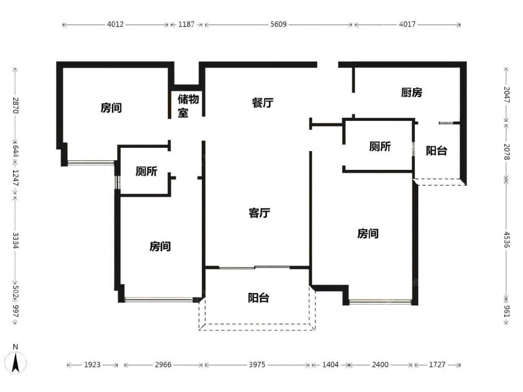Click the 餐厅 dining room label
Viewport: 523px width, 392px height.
263,102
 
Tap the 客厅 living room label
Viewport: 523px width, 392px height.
259,213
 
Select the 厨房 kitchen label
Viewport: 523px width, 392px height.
411,93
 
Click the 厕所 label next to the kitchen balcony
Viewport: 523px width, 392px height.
380,146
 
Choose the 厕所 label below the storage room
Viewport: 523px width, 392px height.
146,171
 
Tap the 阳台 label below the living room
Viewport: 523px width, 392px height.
258,298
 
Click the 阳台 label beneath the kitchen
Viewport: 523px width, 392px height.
436,151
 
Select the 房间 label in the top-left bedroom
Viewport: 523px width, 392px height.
111,108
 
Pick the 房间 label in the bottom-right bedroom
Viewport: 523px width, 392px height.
368,233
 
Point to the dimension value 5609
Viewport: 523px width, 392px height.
278,25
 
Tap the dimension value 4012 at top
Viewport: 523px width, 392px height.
115,25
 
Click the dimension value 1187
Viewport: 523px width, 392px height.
186,25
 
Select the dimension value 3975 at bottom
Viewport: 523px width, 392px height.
257,365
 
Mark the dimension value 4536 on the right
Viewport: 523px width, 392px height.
507,240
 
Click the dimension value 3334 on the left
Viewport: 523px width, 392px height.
15,240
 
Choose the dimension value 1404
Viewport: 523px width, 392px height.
330,365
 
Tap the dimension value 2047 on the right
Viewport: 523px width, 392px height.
507,95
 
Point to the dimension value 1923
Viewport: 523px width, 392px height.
92,365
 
